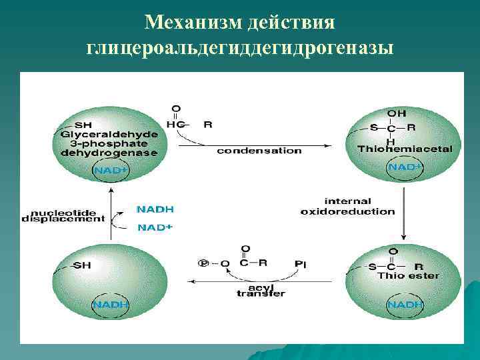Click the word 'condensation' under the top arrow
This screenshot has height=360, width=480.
click(x=259, y=151)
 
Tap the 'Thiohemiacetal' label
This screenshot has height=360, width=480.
click(x=405, y=149)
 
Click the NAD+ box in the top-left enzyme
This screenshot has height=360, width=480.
click(x=109, y=171)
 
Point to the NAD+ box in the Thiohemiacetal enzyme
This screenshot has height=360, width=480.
click(x=405, y=167)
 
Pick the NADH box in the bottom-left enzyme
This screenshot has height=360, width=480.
click(x=110, y=305)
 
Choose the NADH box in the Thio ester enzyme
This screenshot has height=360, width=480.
click(x=405, y=305)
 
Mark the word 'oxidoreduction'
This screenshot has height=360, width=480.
click(x=347, y=211)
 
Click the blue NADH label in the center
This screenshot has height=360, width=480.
click(x=155, y=209)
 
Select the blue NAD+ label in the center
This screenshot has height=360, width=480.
click(x=155, y=227)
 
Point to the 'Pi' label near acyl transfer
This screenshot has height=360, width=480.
click(x=301, y=263)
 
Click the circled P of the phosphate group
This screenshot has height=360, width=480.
click(x=203, y=263)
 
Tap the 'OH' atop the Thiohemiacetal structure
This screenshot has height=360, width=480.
click(x=397, y=114)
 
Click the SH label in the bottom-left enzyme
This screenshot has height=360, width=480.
click(x=82, y=265)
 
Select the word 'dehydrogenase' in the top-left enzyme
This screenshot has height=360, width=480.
click(x=109, y=152)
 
